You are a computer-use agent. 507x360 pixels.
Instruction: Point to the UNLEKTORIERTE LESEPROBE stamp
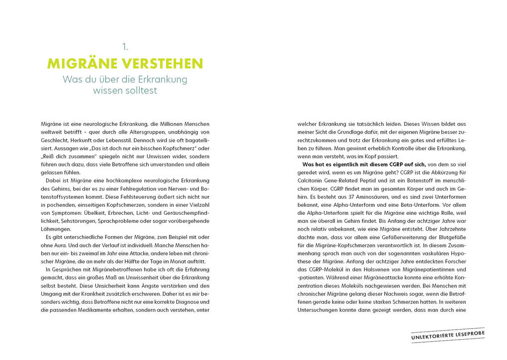448,335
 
